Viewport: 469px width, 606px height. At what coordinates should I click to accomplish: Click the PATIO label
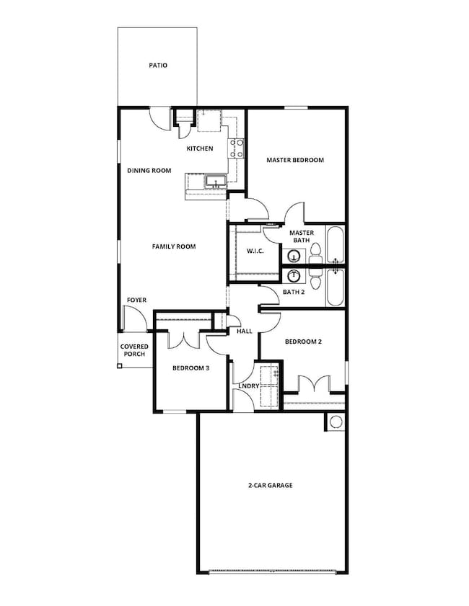click(158, 65)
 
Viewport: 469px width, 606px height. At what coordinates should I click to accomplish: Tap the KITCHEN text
click(200, 148)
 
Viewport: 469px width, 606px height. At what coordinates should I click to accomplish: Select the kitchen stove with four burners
click(236, 148)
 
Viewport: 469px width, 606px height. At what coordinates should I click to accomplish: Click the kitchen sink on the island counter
click(214, 182)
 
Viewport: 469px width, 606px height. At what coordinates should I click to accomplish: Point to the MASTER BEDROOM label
click(294, 160)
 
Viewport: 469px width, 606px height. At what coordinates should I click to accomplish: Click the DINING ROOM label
click(149, 170)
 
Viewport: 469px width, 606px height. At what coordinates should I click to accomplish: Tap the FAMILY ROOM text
click(173, 246)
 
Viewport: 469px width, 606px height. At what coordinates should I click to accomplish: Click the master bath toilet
click(315, 252)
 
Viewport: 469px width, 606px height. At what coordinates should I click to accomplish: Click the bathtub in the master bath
click(336, 246)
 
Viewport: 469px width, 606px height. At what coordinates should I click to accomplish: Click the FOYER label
click(136, 299)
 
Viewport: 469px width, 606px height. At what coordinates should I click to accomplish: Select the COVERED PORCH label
click(134, 350)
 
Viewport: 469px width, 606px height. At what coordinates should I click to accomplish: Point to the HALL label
click(245, 332)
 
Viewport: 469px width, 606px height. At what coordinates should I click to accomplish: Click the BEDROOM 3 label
click(190, 368)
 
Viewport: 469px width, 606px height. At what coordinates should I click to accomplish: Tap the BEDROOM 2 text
click(303, 342)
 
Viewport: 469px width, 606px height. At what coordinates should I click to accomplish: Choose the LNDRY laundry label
click(248, 386)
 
